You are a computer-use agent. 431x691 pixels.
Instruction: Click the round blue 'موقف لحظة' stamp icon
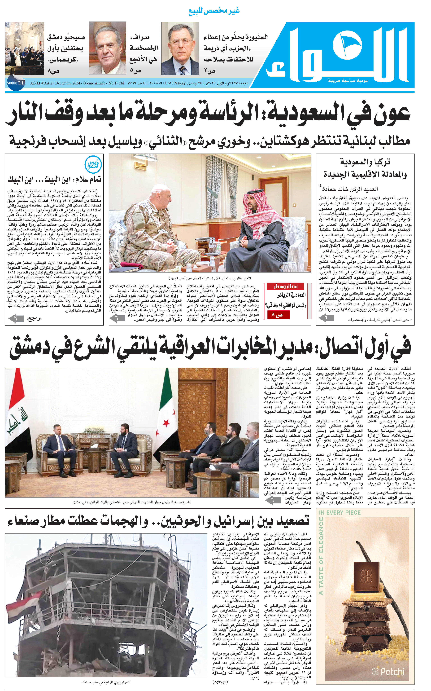tap(93, 165)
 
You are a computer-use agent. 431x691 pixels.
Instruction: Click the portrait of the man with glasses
tap(180, 49)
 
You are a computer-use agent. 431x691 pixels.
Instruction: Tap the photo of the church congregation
tap(25, 49)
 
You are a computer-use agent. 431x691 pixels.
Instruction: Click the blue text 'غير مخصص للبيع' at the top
tap(214, 11)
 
